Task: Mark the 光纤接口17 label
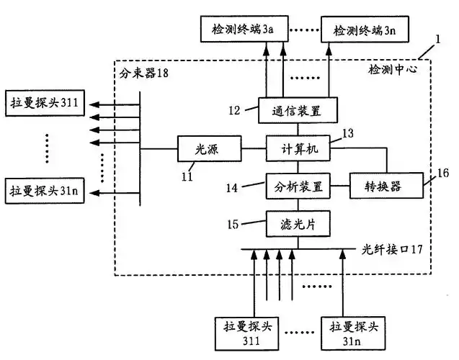(x=392, y=249)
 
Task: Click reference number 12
(x=235, y=110)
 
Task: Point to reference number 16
(x=442, y=173)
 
